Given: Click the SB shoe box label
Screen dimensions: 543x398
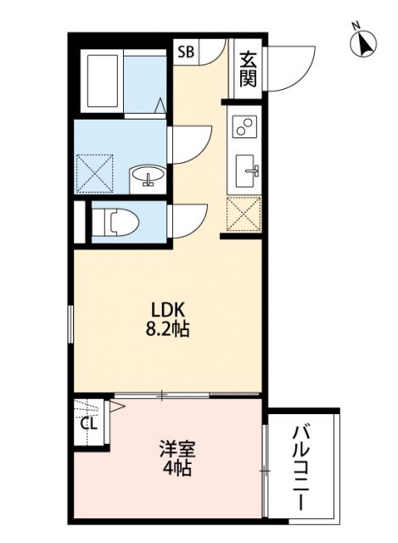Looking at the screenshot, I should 186,52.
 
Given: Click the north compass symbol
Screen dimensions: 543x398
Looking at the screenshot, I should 364,43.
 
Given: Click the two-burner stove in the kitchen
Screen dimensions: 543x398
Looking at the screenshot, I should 244,127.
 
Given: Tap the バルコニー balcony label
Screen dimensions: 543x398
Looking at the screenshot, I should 301,466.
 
